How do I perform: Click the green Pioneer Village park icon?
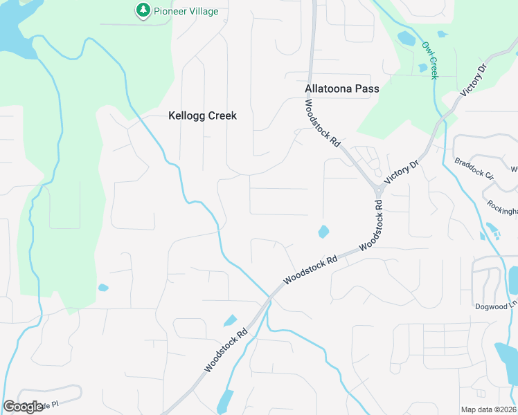(143, 10)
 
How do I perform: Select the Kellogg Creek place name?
(202, 116)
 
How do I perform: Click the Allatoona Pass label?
(341, 89)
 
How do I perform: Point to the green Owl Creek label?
(430, 60)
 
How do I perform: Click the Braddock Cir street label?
(474, 169)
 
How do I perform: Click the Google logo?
(23, 407)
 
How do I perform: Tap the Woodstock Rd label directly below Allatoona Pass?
(323, 122)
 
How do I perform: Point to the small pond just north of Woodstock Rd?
(323, 232)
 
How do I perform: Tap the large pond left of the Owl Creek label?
(407, 38)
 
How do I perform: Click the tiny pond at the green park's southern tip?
(103, 288)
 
